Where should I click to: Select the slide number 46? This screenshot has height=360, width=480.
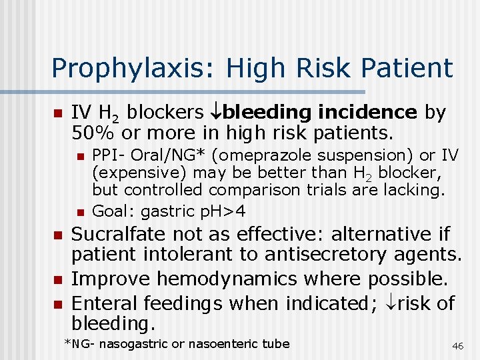click(x=457, y=346)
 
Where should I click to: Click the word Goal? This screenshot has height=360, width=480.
click(x=111, y=212)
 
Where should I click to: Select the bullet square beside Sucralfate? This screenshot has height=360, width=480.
click(x=57, y=236)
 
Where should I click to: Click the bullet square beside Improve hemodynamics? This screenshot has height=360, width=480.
click(x=57, y=280)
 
